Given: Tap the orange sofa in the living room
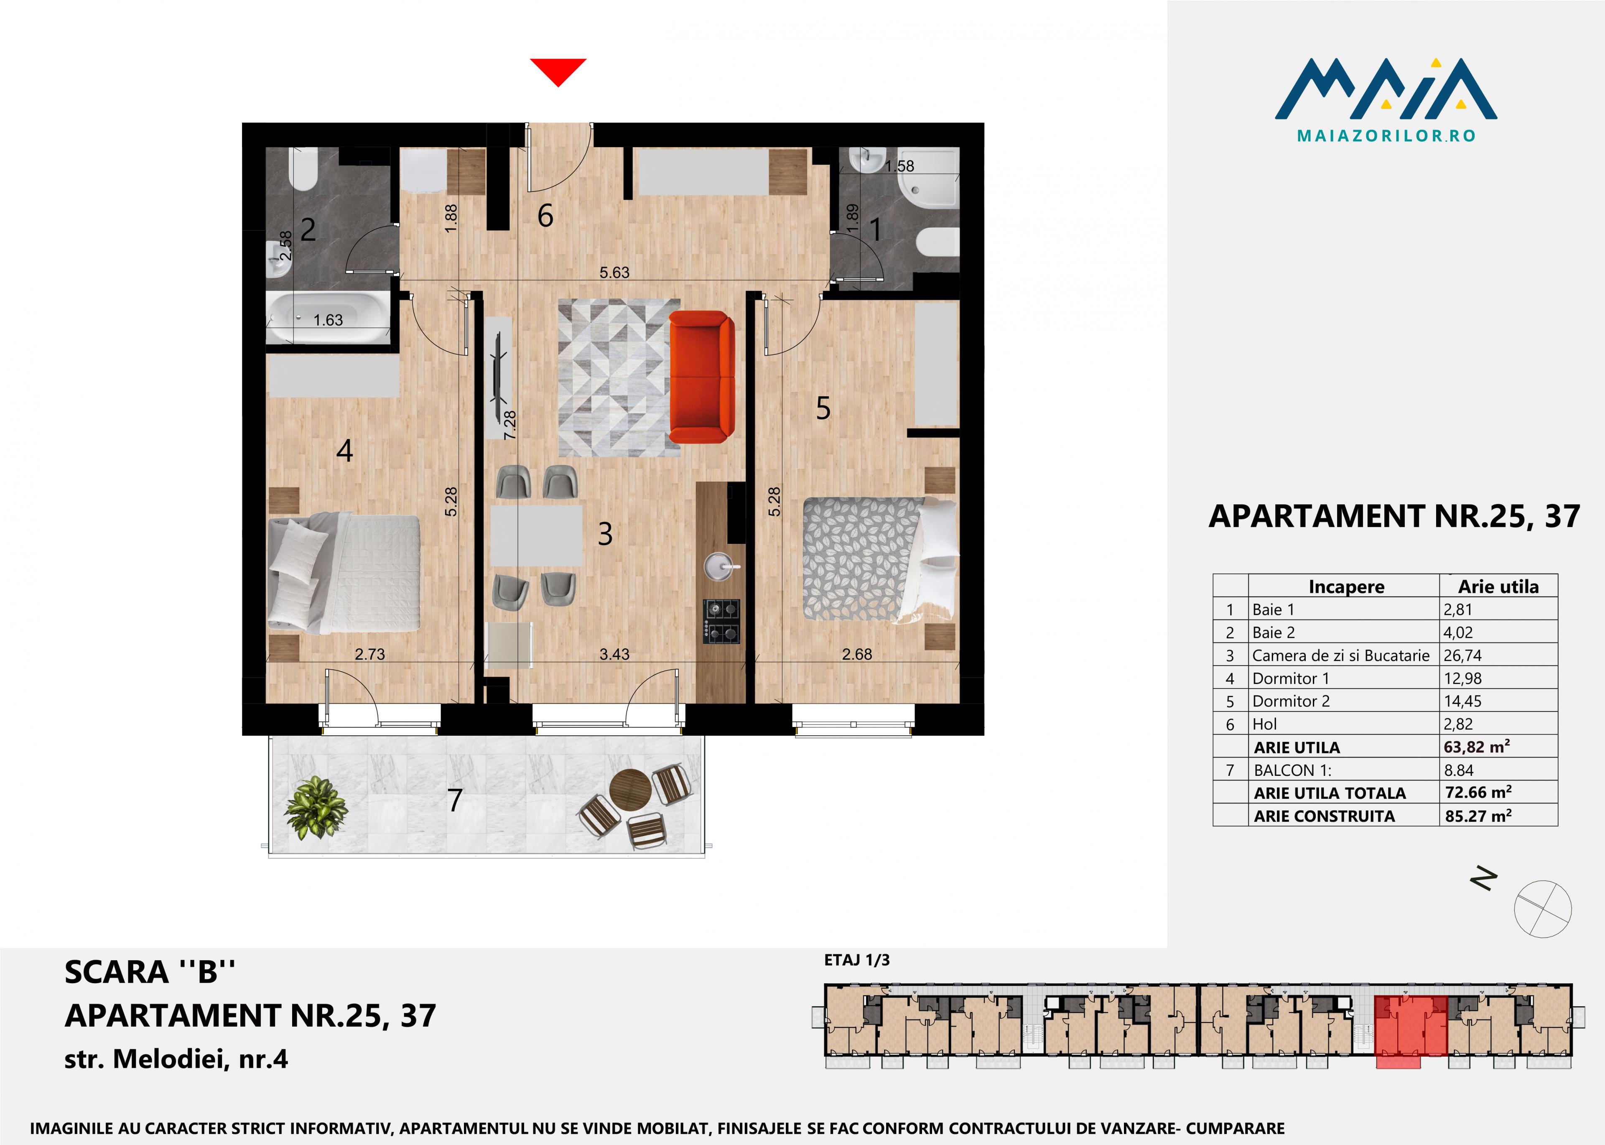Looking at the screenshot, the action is tap(701, 377).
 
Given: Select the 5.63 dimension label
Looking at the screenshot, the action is tap(614, 272).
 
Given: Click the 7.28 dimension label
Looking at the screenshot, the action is tap(510, 425).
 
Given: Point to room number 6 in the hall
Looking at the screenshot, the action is tap(545, 216).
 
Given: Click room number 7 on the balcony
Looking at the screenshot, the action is tap(455, 800).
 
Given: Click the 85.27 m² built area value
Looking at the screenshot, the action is tap(1478, 816).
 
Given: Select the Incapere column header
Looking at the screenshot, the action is tap(1346, 587).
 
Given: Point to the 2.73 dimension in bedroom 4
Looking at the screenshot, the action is tap(369, 654).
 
